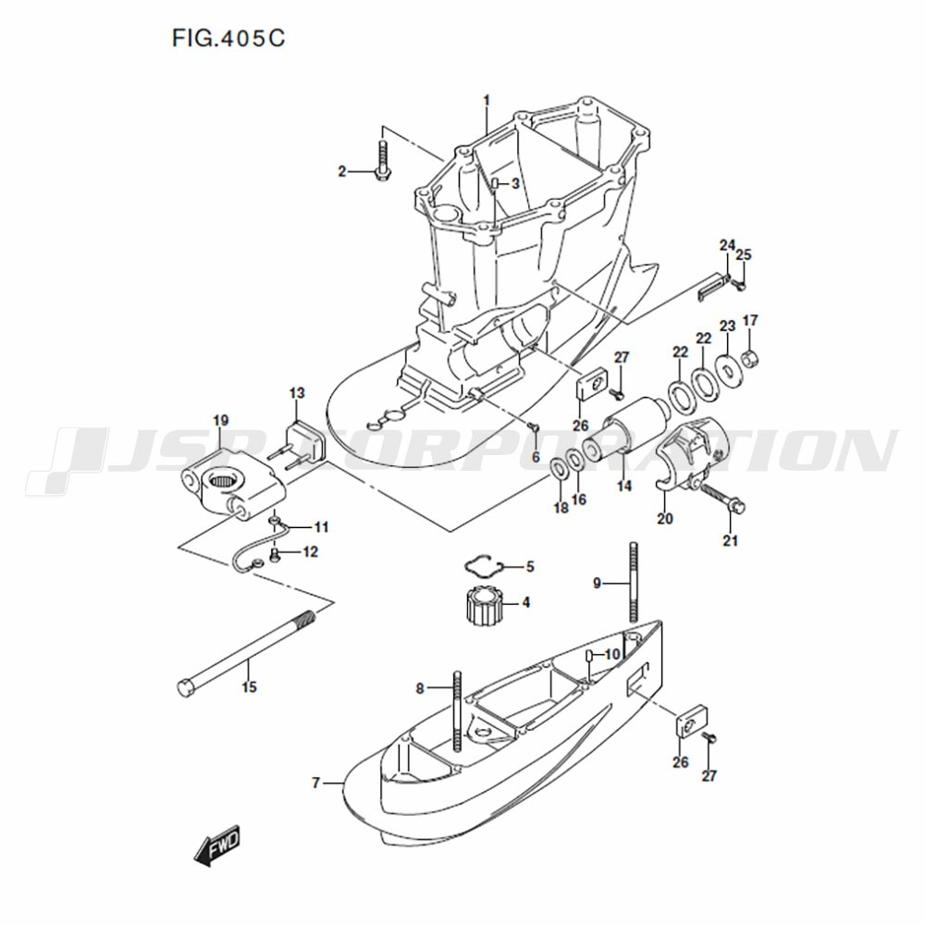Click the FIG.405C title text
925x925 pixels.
[x=228, y=38]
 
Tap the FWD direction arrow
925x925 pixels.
[x=217, y=844]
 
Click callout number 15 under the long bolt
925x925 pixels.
[x=249, y=686]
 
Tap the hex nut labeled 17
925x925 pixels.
[x=750, y=357]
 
